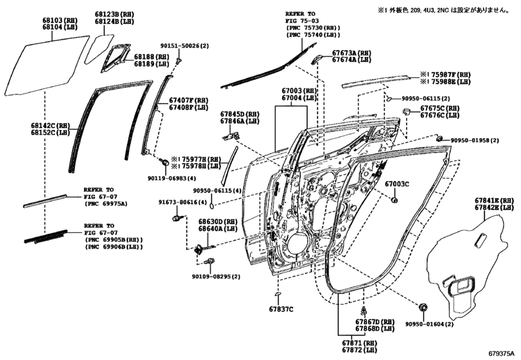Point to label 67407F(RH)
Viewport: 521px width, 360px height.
click(189, 100)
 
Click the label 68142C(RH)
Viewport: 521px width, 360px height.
click(50, 125)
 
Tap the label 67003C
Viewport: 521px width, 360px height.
click(397, 184)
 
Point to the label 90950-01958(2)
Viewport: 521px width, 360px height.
click(479, 140)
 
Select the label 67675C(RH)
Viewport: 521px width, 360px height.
click(440, 108)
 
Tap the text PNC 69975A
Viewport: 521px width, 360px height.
click(106, 203)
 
